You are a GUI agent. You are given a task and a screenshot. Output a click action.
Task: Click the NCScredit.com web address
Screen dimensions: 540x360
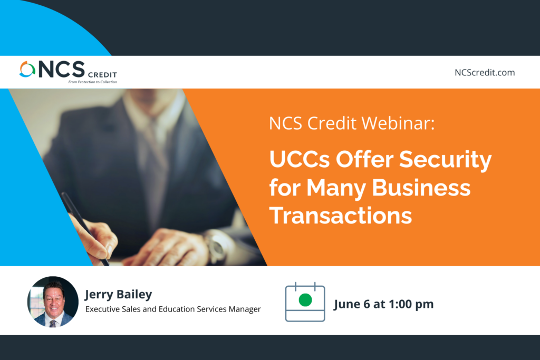[485, 73]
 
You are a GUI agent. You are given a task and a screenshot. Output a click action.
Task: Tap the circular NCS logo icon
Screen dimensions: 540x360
[27, 69]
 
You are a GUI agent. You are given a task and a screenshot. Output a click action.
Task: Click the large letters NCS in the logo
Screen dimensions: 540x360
[62, 69]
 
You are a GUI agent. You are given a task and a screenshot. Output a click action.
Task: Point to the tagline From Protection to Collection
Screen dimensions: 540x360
[93, 82]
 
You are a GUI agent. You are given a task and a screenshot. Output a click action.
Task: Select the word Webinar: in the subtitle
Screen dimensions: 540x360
[398, 123]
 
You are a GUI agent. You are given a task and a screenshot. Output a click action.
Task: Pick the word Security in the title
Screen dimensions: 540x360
[446, 160]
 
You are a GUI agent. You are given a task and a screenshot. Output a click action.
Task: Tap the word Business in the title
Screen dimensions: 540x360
[421, 188]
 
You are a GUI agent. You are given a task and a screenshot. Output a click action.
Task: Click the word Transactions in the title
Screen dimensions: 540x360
[341, 216]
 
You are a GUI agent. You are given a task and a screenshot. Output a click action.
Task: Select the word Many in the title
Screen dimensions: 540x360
[336, 189]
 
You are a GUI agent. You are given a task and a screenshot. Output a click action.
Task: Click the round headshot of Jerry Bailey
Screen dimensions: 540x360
[53, 301]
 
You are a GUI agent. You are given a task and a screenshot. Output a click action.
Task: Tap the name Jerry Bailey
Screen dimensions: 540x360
[119, 294]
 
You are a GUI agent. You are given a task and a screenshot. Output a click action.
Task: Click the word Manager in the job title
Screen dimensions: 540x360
[245, 309]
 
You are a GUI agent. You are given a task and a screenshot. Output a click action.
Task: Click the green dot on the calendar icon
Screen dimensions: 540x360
[305, 300]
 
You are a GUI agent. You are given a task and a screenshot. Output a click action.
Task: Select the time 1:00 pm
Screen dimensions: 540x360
[411, 304]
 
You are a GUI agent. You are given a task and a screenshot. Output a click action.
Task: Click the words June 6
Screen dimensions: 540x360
[352, 305]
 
